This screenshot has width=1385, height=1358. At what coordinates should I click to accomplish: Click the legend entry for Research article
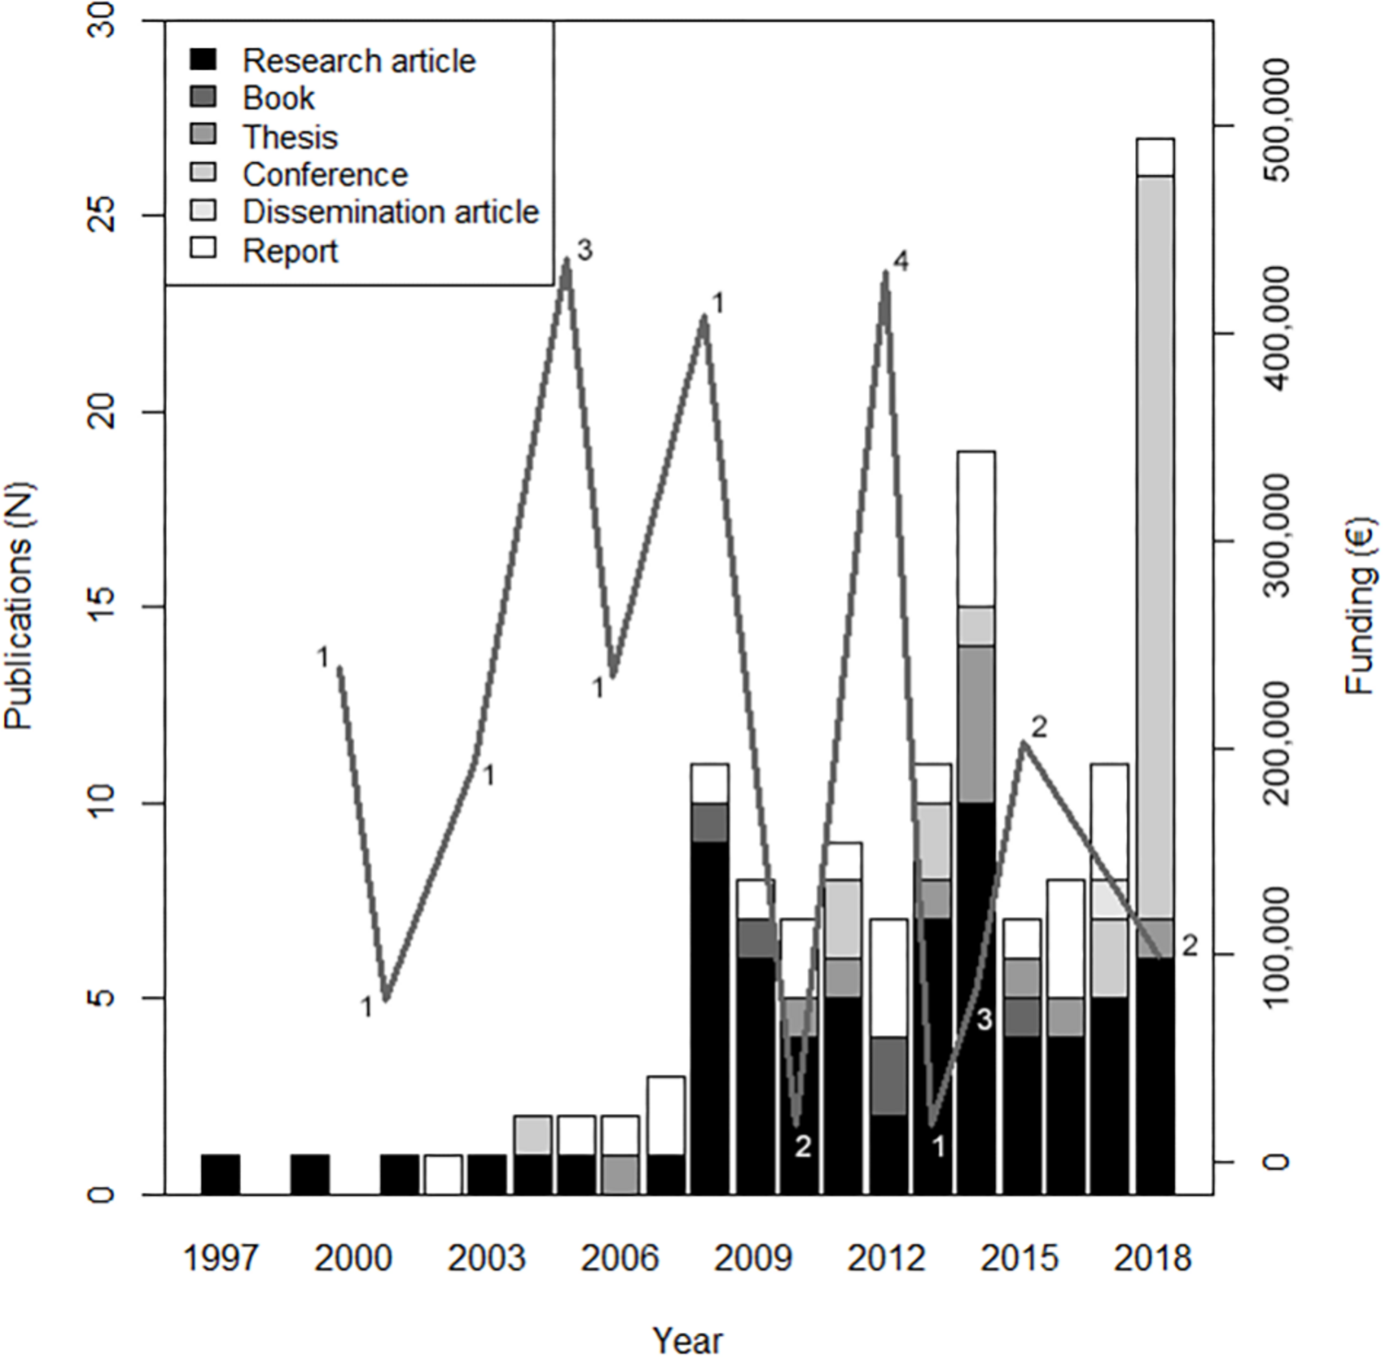[359, 61]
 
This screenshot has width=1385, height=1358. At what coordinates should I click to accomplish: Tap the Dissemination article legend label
[390, 213]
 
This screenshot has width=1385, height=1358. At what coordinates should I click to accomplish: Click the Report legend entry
[289, 251]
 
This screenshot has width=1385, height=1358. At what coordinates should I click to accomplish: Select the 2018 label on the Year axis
[1153, 1258]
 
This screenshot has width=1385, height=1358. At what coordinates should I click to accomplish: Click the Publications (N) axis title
[19, 606]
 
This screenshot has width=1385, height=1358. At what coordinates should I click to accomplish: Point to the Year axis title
[688, 1339]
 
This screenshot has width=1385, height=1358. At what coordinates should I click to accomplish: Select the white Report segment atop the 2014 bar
[976, 528]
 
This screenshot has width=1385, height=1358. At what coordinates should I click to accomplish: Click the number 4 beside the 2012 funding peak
[901, 263]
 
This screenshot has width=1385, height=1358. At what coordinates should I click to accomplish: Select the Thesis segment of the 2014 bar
[976, 724]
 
